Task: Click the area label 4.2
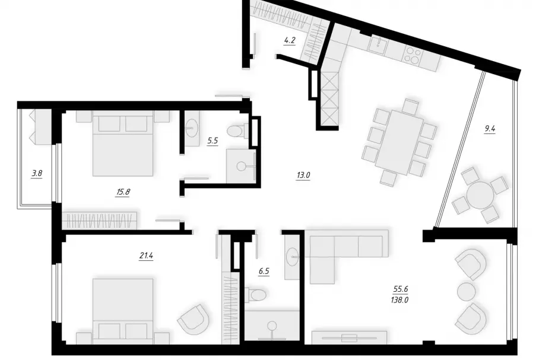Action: pos(290,40)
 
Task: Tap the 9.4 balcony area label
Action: pos(490,129)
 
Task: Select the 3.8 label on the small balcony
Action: pos(37,173)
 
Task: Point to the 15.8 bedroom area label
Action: pos(123,192)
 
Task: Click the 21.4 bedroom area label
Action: pos(146,256)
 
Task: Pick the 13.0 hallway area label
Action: pos(303,175)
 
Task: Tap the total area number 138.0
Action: pos(400,300)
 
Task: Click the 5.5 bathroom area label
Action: pos(213,141)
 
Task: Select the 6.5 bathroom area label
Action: pos(264,272)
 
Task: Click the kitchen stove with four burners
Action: pos(413,55)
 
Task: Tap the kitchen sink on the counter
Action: pos(379,43)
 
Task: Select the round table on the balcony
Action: pos(480,195)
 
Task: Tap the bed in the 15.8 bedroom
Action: pos(123,146)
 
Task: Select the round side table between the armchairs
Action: pos(467,291)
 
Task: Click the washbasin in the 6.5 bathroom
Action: pos(292,256)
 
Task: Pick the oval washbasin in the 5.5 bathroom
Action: pos(192,128)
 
